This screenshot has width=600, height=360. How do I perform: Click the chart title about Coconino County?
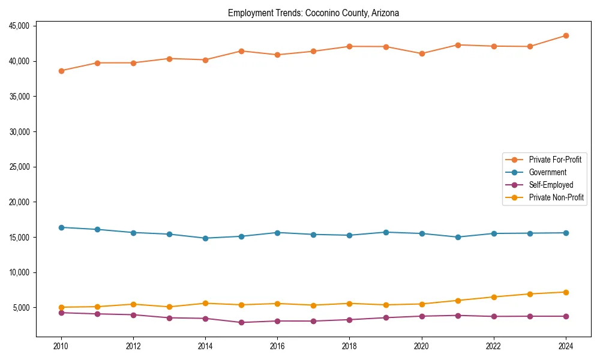(x=313, y=13)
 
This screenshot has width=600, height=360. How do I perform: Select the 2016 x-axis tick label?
(x=277, y=346)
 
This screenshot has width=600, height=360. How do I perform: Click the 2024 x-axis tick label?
(x=566, y=346)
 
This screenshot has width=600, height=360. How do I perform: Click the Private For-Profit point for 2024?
(x=566, y=36)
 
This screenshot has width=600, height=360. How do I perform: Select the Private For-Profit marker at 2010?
(x=61, y=71)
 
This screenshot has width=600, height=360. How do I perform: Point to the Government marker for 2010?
(x=61, y=227)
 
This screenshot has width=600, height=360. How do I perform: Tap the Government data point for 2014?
(x=205, y=238)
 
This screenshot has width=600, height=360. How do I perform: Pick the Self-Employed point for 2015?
(x=241, y=323)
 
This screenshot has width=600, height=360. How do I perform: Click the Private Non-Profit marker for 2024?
(x=566, y=292)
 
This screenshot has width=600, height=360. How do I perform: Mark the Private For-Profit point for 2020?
(x=422, y=53)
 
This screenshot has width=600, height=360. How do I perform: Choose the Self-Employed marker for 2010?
(x=61, y=313)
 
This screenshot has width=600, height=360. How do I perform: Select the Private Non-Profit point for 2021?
(x=458, y=301)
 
